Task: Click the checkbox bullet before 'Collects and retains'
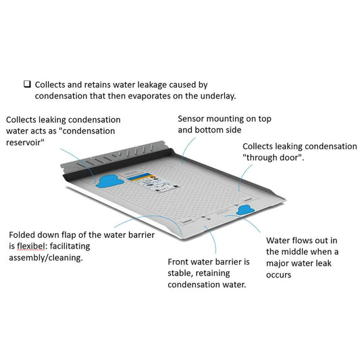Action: [x=27, y=84]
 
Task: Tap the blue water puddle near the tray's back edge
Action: [x=110, y=181]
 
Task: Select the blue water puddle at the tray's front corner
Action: [x=245, y=210]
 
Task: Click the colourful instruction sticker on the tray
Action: [x=153, y=183]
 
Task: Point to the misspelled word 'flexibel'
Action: [x=31, y=246]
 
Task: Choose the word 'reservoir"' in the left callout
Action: [x=25, y=143]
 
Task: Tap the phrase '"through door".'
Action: [x=274, y=157]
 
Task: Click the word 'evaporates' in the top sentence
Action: [x=149, y=96]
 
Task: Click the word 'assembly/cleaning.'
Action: [x=46, y=258]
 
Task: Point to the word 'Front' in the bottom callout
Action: [x=179, y=262]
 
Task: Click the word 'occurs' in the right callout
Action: [x=278, y=275]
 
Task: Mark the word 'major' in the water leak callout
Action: [x=277, y=263]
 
